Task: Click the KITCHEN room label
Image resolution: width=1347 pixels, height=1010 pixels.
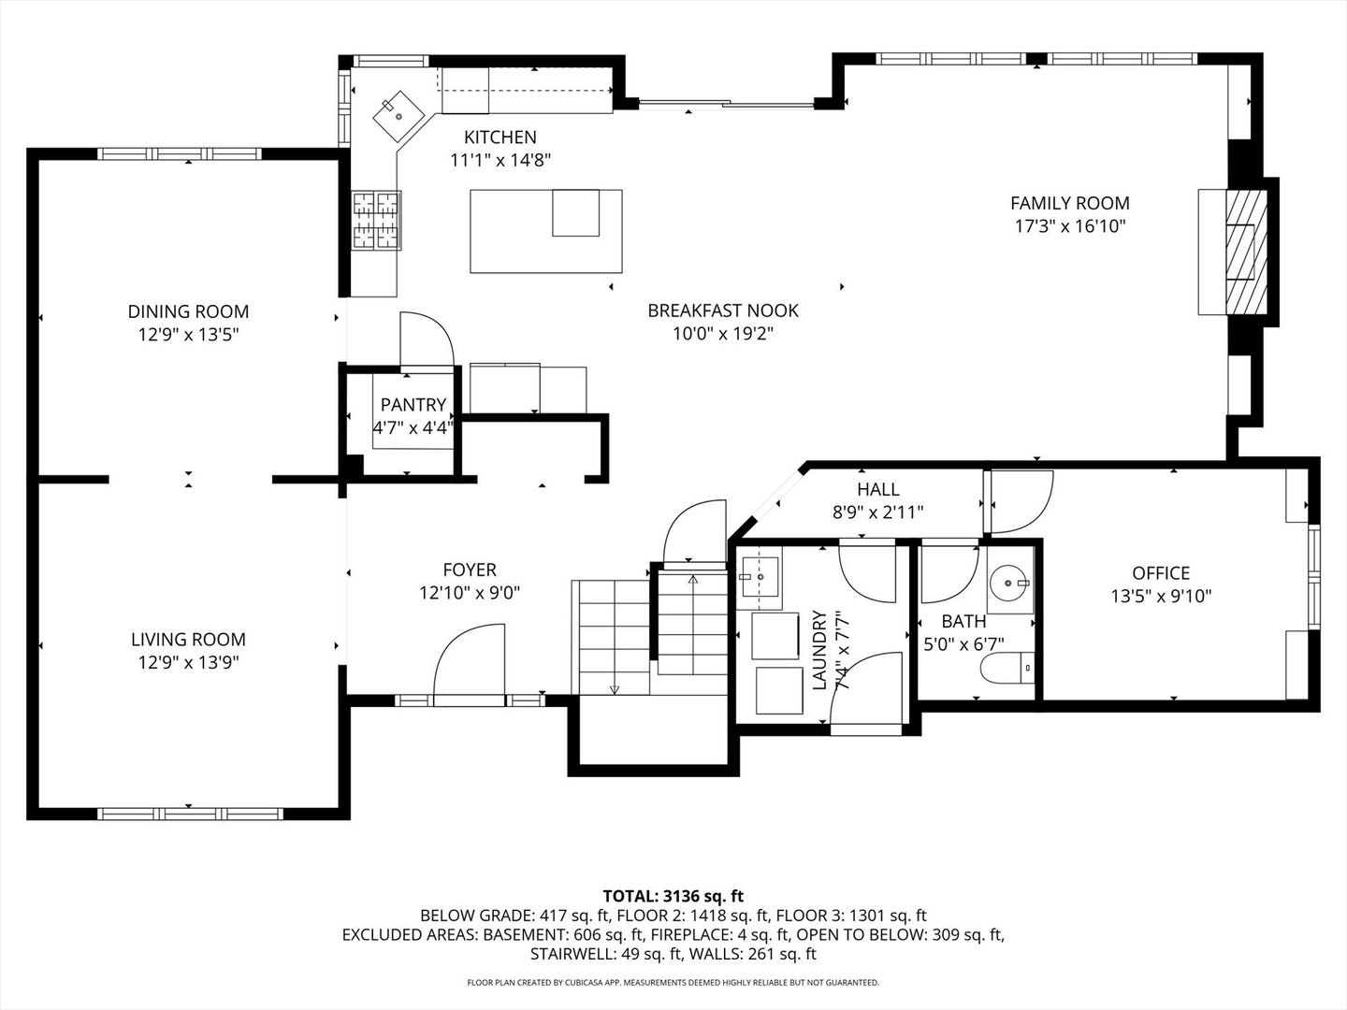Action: [x=500, y=137]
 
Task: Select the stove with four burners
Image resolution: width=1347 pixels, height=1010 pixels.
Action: [x=376, y=221]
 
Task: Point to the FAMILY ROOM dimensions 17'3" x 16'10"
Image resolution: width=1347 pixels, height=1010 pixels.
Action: [x=1069, y=226]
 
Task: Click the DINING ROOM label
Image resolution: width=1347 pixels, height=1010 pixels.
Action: [x=188, y=311]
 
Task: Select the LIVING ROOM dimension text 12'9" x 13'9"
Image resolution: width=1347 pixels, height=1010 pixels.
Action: [x=188, y=663]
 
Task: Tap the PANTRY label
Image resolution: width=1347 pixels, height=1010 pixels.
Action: [x=413, y=405]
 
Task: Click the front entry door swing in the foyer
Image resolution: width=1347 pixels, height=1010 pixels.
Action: [x=467, y=663]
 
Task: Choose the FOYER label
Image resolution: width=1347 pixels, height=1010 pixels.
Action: [x=470, y=570]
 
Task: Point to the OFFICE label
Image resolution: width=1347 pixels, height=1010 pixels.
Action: [x=1161, y=573]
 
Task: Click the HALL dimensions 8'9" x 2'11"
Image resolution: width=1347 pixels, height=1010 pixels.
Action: [x=877, y=512]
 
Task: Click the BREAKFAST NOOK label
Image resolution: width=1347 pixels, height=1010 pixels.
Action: [x=723, y=310]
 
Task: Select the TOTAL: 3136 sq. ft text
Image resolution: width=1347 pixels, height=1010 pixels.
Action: [x=673, y=896]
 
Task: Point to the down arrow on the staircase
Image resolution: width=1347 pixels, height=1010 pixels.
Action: [x=615, y=688]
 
